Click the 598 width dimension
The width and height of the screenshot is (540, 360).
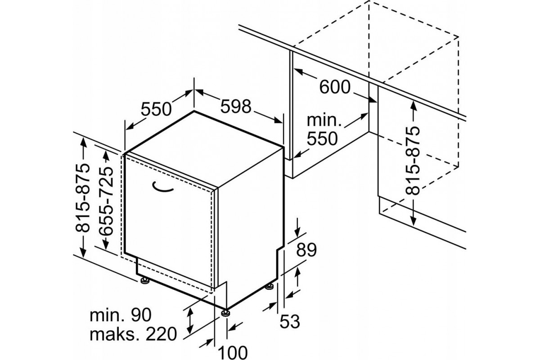coord(236,107)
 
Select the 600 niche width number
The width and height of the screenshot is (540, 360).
coord(335,87)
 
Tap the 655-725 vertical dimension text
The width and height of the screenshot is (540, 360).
coord(106,201)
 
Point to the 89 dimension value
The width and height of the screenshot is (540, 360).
coord(306,250)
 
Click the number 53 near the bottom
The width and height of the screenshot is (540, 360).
coord(290,321)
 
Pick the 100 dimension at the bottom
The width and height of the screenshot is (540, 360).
coord(233,352)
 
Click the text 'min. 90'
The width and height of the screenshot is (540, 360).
coord(120,315)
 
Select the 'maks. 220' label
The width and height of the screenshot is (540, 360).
coord(133,334)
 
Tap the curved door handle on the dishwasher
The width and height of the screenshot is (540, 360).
coord(163,187)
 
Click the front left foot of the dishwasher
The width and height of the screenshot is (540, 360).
coord(145,281)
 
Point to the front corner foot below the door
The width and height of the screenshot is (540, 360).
coord(226,313)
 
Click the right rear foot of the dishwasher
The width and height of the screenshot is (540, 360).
coord(269,287)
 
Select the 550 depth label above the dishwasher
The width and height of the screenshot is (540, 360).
coord(156,109)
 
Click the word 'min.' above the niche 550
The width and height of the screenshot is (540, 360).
coord(324,121)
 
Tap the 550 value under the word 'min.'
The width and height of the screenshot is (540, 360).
coord(322,139)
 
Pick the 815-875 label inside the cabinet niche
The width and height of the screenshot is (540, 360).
coord(413,161)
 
